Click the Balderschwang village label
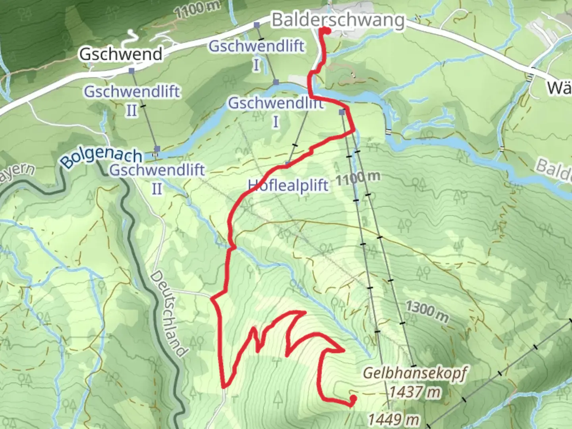pos(338,20)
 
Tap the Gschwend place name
pos(121,54)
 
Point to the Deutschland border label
pos(169,314)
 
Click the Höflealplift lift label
pos(288,185)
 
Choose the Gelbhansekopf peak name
pos(415,373)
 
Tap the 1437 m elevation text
pos(415,392)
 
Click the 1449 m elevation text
pos(393,419)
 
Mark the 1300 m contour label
pos(427,311)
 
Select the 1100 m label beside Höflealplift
pos(358,178)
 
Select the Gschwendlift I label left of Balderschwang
pos(257,54)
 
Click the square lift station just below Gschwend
pos(131,71)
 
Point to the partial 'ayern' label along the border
pos(17,174)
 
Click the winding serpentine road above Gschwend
pos(129,40)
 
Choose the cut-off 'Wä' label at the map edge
pos(559,88)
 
